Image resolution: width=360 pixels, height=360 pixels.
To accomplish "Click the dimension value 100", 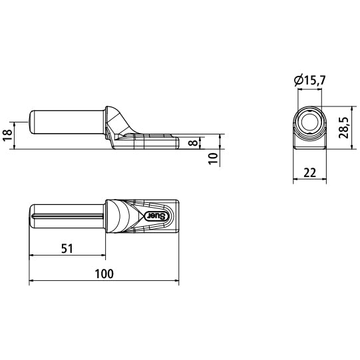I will (104, 273).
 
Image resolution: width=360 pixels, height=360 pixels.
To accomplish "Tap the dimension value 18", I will (7, 135).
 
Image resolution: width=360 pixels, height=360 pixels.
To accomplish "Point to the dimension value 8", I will (193, 142).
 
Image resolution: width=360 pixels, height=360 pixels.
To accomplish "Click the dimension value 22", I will (310, 172).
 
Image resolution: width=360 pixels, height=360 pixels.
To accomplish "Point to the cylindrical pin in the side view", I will (67, 122).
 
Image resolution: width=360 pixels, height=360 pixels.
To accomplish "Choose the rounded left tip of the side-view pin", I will (31, 122).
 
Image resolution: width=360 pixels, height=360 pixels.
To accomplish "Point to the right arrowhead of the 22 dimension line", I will (325, 180).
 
